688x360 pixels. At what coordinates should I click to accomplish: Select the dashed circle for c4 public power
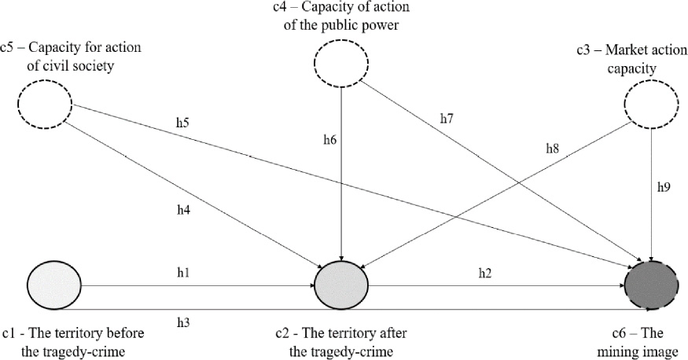pos(340,62)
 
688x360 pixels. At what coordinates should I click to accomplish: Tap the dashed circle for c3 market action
pos(651,105)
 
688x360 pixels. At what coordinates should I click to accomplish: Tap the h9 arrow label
pos(664,189)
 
